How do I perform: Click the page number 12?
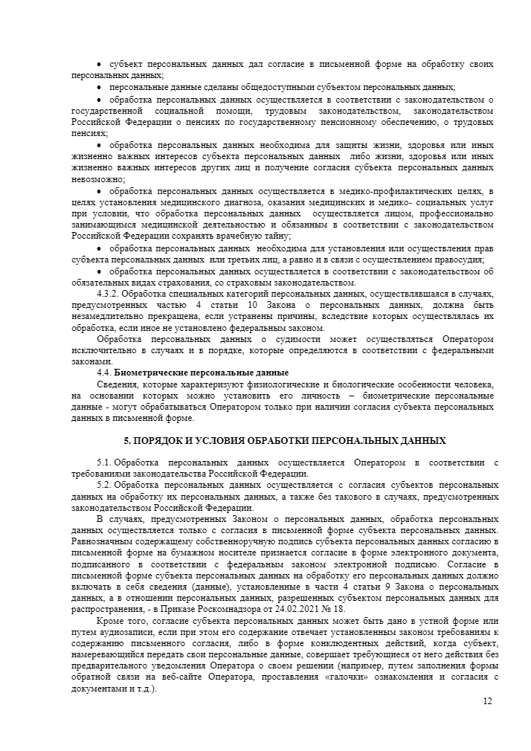[x=487, y=701]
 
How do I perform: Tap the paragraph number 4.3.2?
[x=111, y=294]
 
